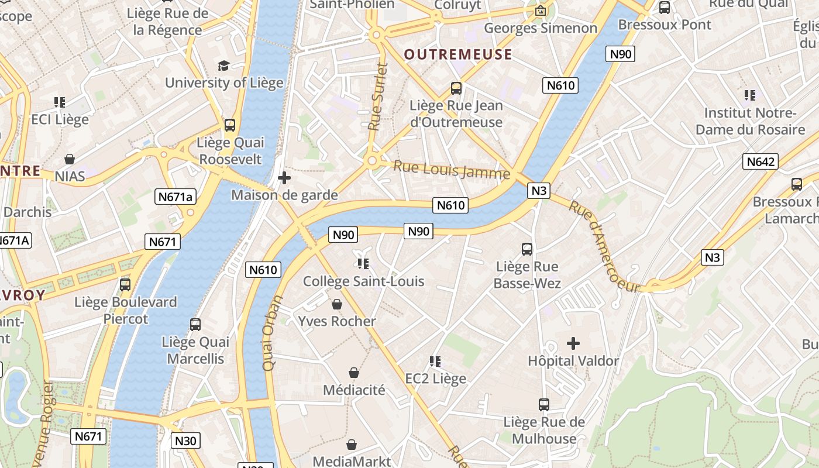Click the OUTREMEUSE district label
click(458, 54)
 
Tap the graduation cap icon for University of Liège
click(223, 66)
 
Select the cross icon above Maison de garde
click(284, 178)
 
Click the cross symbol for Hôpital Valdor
click(573, 343)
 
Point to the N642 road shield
click(760, 161)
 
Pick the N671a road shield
click(175, 197)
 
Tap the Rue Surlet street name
click(376, 97)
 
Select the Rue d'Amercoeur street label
click(604, 246)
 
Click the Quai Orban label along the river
click(273, 332)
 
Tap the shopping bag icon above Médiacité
click(354, 373)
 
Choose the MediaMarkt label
click(352, 461)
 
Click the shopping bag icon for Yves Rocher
click(337, 304)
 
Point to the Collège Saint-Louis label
click(363, 281)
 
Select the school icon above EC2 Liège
click(435, 362)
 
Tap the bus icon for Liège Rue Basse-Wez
click(527, 249)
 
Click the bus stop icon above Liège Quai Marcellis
click(195, 324)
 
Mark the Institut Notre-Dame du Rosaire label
click(750, 121)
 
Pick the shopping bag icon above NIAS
click(70, 159)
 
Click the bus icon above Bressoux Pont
click(665, 8)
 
